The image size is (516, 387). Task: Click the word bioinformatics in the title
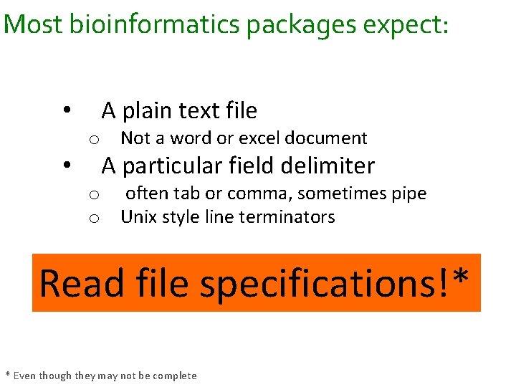pos(156,24)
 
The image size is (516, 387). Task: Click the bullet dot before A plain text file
pos(66,111)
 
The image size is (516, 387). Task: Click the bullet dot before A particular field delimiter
pos(66,166)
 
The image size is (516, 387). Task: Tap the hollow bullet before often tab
pos(93,194)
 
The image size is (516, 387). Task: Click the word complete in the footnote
pos(173,376)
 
